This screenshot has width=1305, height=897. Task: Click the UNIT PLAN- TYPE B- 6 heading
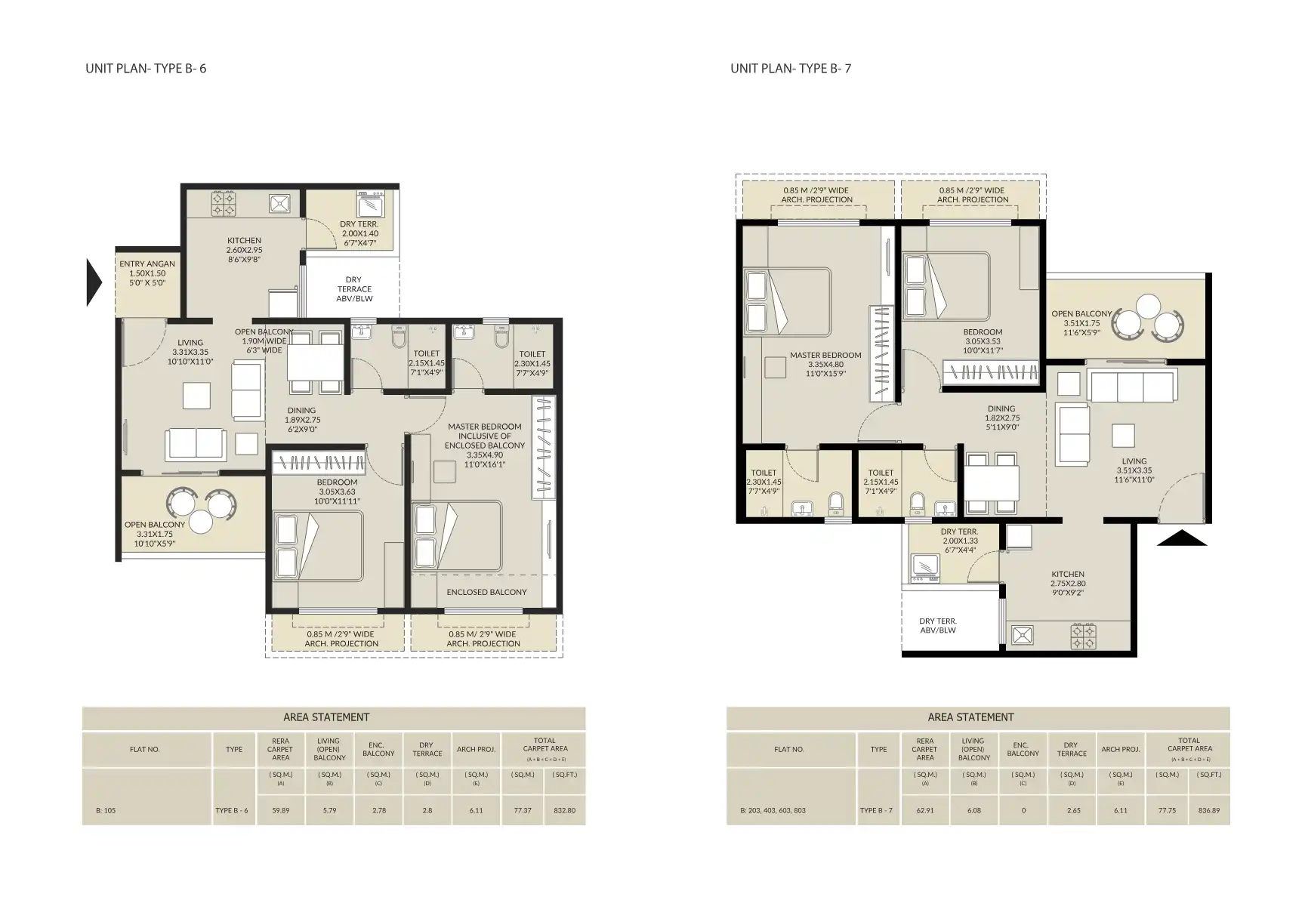[146, 68]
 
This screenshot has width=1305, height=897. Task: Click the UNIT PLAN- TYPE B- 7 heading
[791, 68]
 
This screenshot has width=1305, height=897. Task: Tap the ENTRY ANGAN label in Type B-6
[147, 273]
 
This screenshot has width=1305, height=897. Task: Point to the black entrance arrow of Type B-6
[94, 282]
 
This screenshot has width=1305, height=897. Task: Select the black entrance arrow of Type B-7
[1181, 538]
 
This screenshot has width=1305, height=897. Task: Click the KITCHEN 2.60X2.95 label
[244, 249]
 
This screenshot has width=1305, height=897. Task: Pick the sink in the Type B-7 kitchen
[1023, 635]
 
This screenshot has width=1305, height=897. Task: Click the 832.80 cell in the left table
[564, 810]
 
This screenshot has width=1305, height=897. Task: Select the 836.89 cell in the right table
[1208, 810]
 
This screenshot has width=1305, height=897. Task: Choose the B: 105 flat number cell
[106, 810]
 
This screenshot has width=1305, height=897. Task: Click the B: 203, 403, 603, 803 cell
[773, 810]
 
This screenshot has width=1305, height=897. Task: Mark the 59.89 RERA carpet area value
[280, 810]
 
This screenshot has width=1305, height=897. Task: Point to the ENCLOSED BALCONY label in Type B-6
[486, 592]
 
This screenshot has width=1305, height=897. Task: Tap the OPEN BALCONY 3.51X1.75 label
[1081, 322]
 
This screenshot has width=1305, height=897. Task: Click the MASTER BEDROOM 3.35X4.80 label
[825, 364]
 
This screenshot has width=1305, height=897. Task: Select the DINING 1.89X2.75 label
[302, 420]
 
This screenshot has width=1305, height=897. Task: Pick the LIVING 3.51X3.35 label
[1134, 470]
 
